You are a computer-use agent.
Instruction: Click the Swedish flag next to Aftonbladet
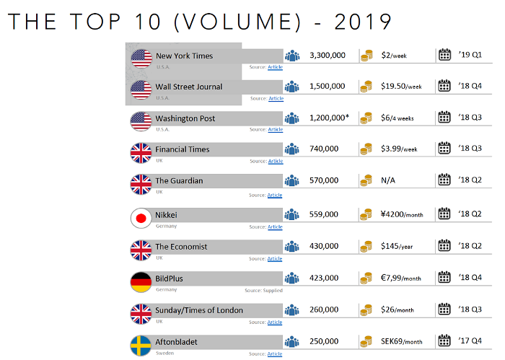[x=141, y=346]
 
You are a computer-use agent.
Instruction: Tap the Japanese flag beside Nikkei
[x=141, y=218]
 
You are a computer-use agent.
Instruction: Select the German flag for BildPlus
[x=141, y=281]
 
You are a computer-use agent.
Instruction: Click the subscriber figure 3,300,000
[x=327, y=55]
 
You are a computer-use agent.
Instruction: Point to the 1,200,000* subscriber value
[x=329, y=118]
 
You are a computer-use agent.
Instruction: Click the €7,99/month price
[x=400, y=278]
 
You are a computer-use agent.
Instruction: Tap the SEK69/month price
[x=402, y=341]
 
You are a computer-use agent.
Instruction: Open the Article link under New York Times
[x=275, y=67]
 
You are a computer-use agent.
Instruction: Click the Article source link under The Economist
[x=275, y=258]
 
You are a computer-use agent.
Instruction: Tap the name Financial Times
[x=183, y=149]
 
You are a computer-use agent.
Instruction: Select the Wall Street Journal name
[x=189, y=87]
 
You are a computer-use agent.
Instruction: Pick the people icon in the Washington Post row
[x=292, y=118]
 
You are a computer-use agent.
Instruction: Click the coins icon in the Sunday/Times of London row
[x=366, y=310]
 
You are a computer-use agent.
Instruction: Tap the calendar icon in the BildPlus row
[x=444, y=278]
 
